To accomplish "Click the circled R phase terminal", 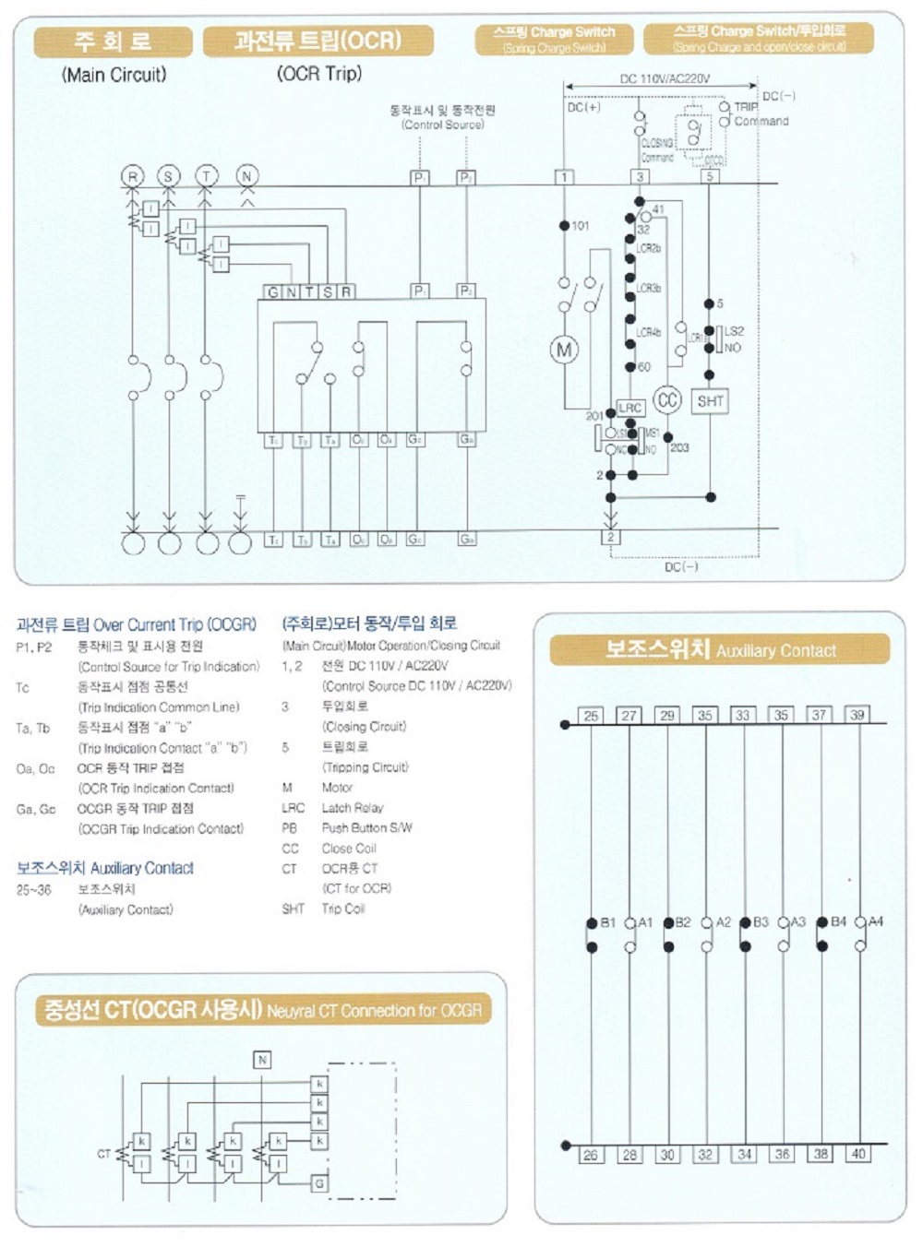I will [134, 176].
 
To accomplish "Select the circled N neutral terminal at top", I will [246, 176].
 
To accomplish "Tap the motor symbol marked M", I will [564, 350].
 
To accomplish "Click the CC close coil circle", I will [666, 399].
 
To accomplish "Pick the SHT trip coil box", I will [710, 401].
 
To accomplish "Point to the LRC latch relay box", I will [630, 408].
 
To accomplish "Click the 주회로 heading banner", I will [114, 42].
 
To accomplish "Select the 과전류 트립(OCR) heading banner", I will [318, 42].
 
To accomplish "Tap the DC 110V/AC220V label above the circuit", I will [665, 78].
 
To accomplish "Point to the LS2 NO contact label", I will [733, 338].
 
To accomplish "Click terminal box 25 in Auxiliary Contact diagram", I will [591, 715].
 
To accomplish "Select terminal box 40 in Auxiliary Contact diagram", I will [858, 1153].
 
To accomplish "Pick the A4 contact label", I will [876, 921].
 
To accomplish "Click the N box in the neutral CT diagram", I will [262, 1060].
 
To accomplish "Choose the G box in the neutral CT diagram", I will [319, 1183].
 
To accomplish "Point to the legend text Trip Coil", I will [342, 909].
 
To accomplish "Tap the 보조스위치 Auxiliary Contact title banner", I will [720, 650].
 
